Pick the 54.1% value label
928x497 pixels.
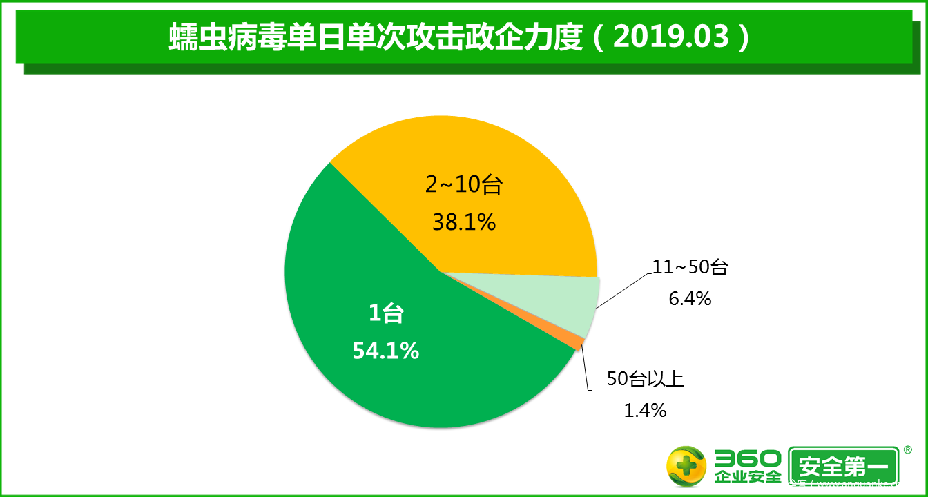(x=386, y=351)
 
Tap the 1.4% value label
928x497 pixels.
(x=645, y=410)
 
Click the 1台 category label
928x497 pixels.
(x=385, y=315)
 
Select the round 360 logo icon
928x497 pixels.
(x=686, y=467)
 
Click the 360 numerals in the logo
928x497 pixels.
(x=748, y=459)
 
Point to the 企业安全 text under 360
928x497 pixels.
(x=748, y=477)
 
